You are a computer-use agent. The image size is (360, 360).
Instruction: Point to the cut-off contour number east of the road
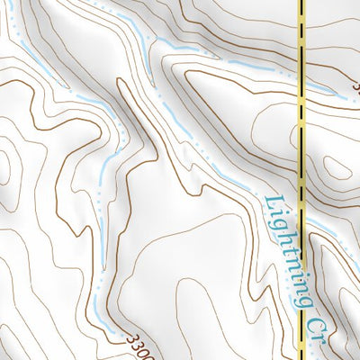[x=356, y=88]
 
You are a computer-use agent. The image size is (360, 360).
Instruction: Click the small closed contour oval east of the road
[x=337, y=167]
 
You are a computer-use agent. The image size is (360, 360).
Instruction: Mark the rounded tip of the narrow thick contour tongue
[x=121, y=83]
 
